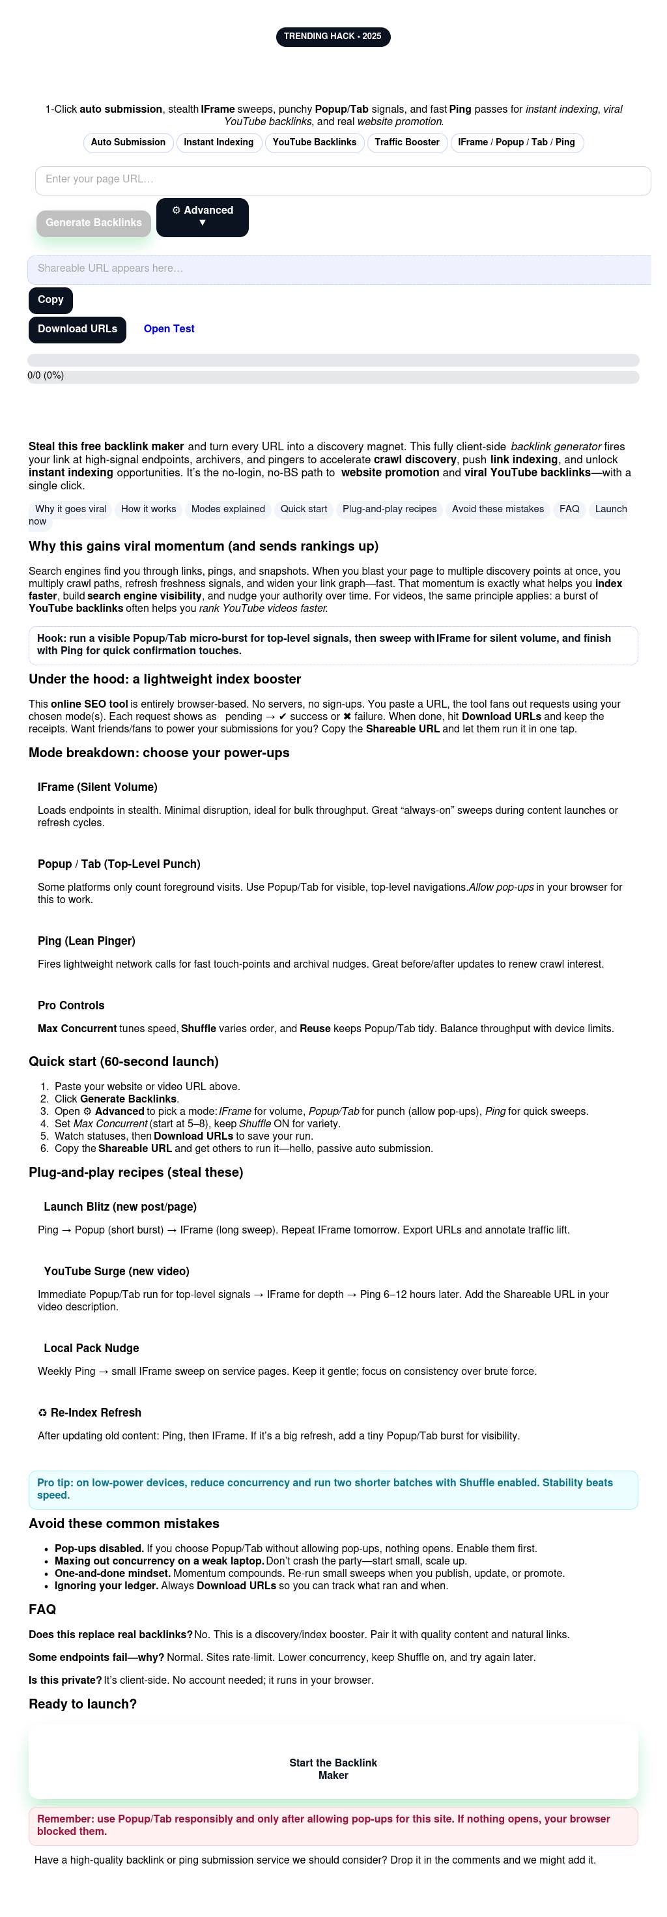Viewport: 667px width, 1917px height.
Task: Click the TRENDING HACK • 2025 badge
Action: (332, 36)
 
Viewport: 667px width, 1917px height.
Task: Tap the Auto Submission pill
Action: (128, 142)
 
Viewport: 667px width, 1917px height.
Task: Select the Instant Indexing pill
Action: (219, 142)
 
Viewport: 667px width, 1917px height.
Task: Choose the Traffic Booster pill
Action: (406, 142)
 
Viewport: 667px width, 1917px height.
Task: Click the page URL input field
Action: (343, 180)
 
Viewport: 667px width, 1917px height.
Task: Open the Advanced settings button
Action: (203, 216)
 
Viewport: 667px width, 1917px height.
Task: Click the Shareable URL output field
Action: (339, 269)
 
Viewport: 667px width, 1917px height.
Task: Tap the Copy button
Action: (51, 300)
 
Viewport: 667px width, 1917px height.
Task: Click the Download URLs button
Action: (78, 330)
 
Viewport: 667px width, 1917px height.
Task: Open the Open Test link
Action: (169, 329)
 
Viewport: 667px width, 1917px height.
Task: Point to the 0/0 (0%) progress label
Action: (46, 376)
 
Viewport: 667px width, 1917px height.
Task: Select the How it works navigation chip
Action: (149, 509)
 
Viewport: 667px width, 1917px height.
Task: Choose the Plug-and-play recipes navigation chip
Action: (389, 509)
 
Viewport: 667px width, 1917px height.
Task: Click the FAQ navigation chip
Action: (569, 509)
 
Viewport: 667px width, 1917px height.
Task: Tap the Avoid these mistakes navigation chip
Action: (498, 509)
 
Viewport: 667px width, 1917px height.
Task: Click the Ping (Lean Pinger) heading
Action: (86, 941)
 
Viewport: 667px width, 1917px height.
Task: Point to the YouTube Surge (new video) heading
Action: (116, 1271)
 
